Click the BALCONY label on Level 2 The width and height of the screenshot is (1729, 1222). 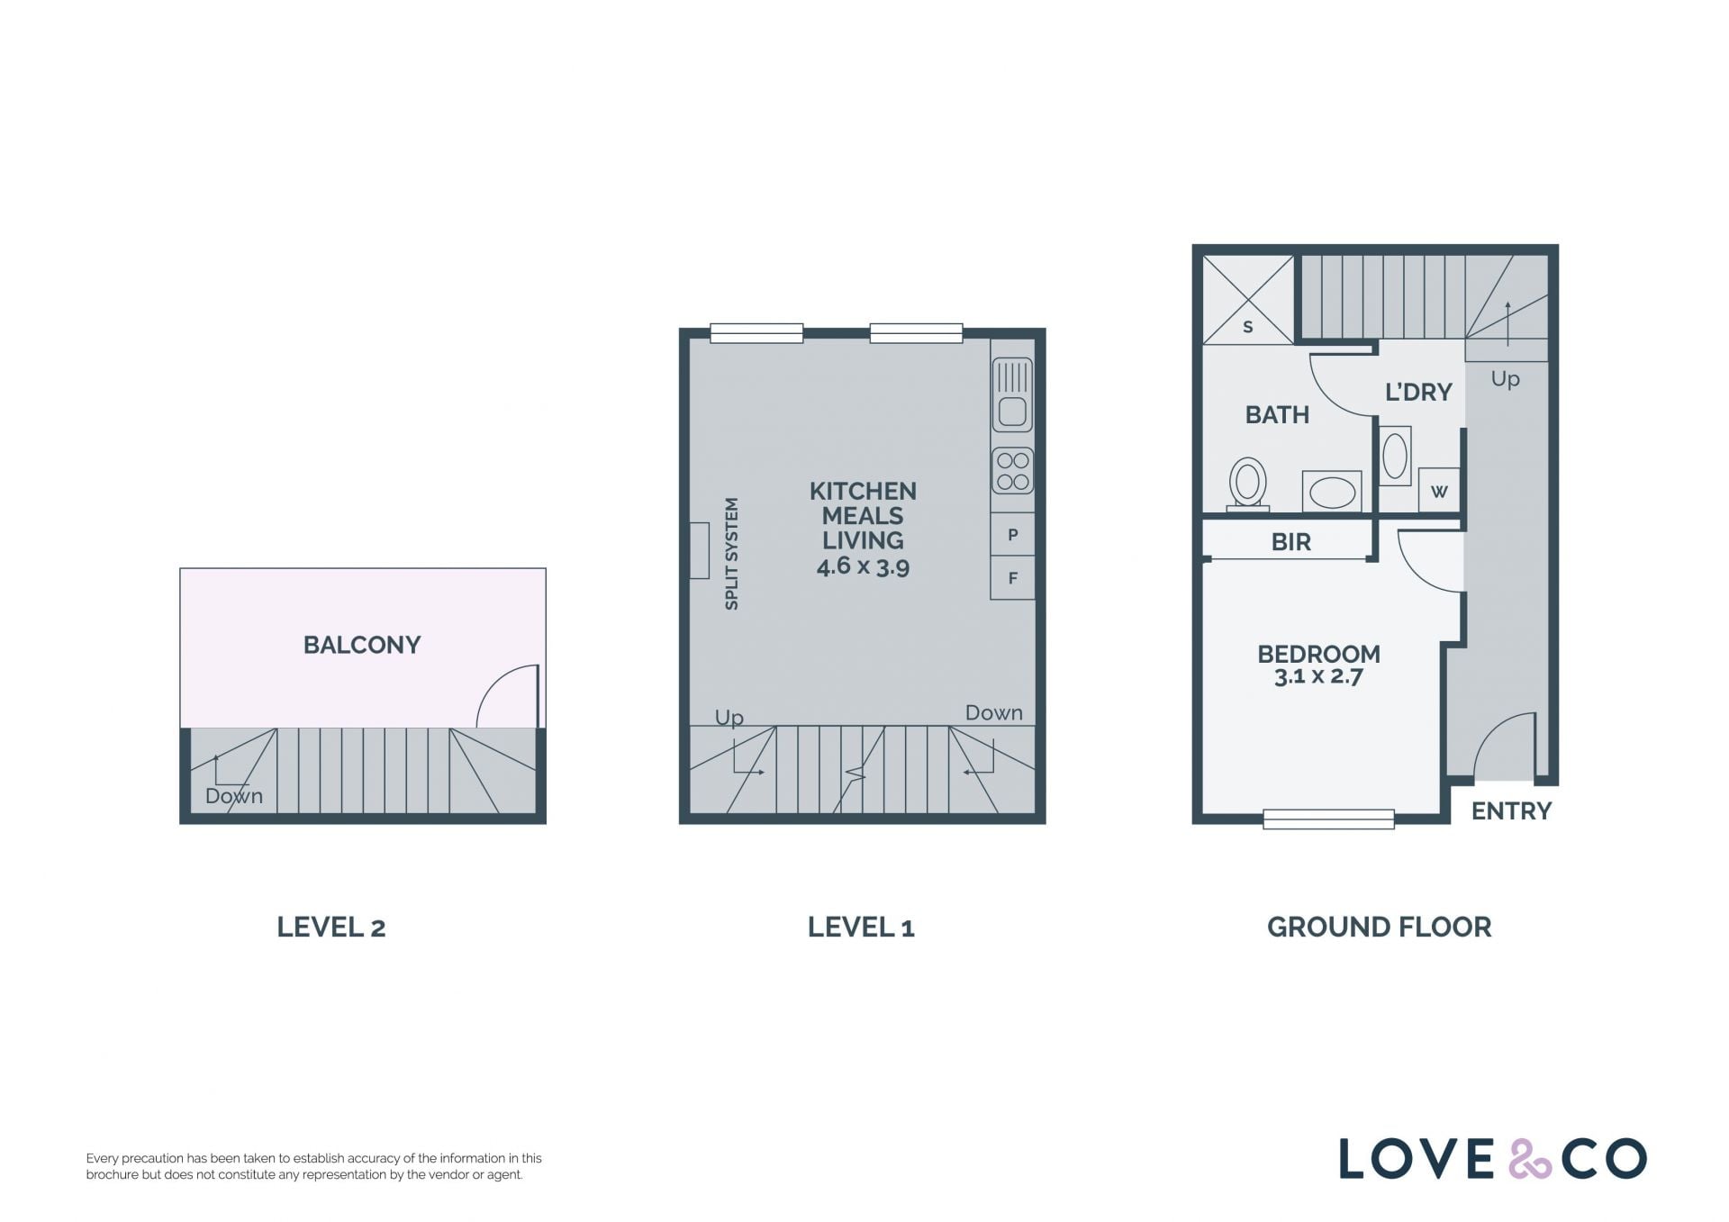(362, 645)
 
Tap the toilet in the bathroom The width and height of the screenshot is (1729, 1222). (1248, 484)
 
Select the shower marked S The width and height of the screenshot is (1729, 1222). (1248, 300)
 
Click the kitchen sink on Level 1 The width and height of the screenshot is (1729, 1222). (1012, 395)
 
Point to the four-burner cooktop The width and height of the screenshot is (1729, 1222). (1012, 471)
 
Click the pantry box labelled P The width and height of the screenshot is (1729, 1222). (1012, 535)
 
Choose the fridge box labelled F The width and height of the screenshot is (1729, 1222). (1012, 578)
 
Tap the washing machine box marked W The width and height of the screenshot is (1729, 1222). (1439, 491)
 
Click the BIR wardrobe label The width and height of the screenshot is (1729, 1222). (1290, 542)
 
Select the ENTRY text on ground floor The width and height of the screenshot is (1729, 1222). (1511, 811)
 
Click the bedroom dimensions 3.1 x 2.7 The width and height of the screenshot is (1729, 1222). (1318, 676)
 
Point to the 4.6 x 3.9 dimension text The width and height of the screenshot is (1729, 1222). (863, 566)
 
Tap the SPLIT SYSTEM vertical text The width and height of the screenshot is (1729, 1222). (731, 554)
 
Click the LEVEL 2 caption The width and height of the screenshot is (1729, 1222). (331, 927)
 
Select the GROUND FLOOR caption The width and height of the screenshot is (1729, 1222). (1379, 927)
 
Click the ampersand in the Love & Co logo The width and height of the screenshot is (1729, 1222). (1530, 1159)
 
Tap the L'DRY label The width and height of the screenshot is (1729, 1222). (1418, 392)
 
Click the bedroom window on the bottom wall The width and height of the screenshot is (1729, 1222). (1328, 819)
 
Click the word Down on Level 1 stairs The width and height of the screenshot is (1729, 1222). (994, 713)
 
